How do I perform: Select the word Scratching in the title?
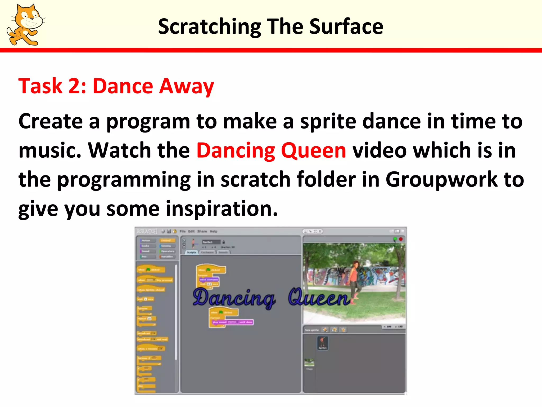click(210, 27)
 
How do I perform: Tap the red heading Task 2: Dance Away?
click(116, 86)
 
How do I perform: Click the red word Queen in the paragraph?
click(313, 150)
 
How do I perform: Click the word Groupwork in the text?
click(441, 179)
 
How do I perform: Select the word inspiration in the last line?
click(222, 209)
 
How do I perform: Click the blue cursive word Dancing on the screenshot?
click(234, 298)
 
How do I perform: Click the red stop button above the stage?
click(401, 239)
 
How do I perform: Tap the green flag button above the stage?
click(395, 239)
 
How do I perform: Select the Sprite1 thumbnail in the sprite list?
click(322, 343)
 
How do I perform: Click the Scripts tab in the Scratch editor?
click(191, 252)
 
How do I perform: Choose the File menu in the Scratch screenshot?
click(183, 231)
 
